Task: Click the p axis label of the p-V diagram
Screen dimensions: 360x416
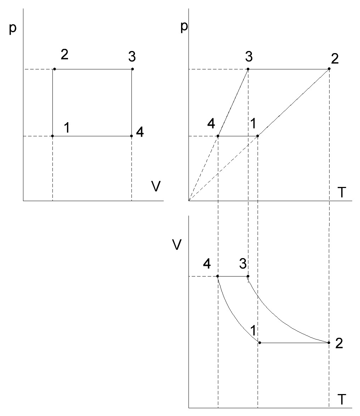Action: pos(13,29)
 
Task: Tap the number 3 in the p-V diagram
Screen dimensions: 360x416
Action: pos(133,56)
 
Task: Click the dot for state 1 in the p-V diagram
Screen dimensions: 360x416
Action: pos(52,136)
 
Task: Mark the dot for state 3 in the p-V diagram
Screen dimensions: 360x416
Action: pos(132,69)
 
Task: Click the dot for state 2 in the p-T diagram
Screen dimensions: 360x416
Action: pos(329,69)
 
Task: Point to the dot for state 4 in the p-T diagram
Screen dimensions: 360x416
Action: pos(218,136)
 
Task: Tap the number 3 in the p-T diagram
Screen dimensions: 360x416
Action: pos(248,56)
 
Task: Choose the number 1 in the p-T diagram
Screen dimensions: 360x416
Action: pos(253,124)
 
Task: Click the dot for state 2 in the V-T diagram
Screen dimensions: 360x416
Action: pos(329,343)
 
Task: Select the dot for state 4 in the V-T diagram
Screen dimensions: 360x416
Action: pos(218,276)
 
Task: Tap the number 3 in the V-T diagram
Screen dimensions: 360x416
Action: pos(242,263)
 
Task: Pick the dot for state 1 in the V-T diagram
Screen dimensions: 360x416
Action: pos(260,343)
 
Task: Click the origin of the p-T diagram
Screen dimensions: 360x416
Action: pos(189,201)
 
